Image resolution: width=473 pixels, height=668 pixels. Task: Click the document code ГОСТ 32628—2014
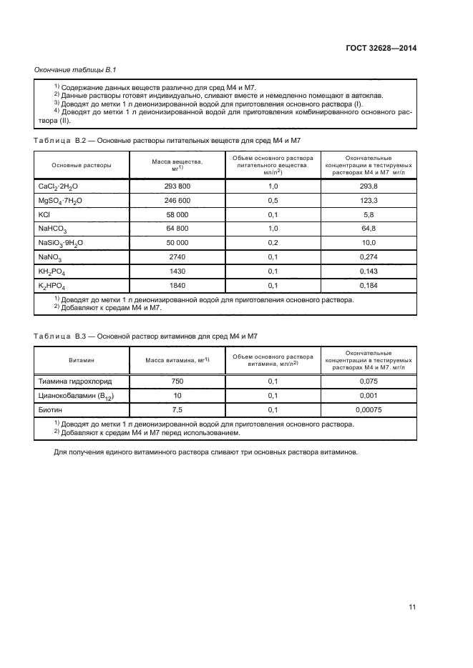(x=381, y=49)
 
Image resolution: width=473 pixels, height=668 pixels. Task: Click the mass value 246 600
(x=177, y=200)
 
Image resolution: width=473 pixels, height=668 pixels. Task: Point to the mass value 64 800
(x=177, y=229)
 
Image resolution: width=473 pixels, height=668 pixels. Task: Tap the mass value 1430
(x=177, y=271)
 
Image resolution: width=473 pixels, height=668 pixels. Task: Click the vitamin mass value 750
(x=177, y=382)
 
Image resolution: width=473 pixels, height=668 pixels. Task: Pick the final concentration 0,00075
(x=369, y=409)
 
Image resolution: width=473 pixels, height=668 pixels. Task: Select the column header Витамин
(x=82, y=361)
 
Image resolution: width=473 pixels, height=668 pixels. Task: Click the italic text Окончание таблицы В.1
(x=75, y=69)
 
